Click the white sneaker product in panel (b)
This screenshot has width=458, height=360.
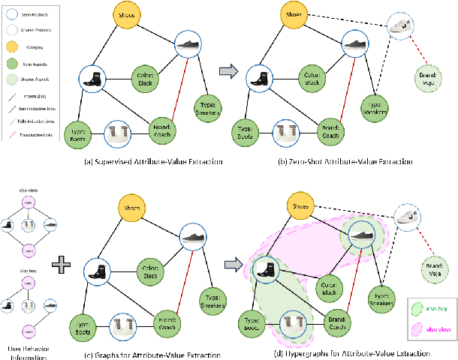point(402,28)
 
